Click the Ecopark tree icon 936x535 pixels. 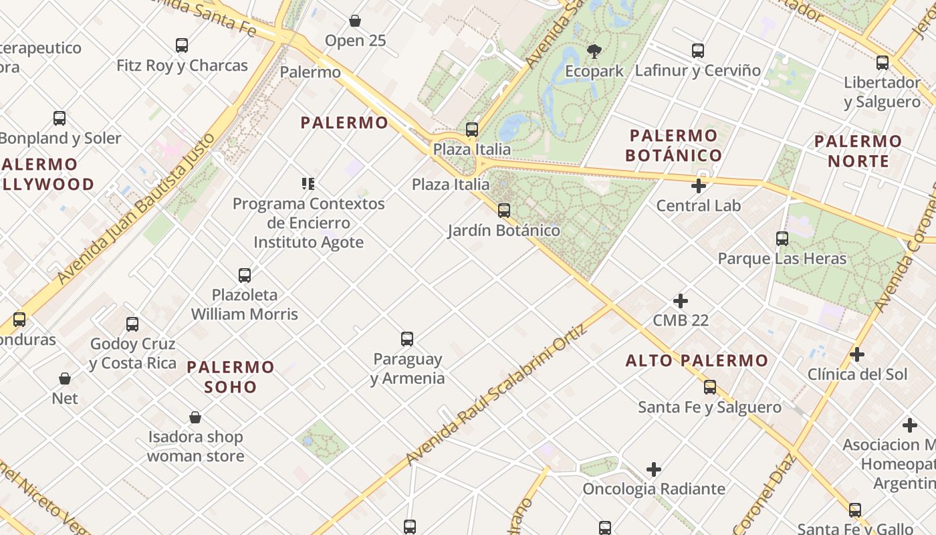tap(593, 51)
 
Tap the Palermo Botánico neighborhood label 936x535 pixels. tap(673, 146)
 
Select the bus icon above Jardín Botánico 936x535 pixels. tap(504, 211)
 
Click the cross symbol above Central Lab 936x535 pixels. tap(699, 186)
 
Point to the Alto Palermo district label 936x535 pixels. tap(697, 361)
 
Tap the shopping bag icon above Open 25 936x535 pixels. tap(355, 21)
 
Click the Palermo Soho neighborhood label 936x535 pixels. tap(231, 377)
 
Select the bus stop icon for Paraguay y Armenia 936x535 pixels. tap(407, 339)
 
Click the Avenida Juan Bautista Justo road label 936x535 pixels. tap(137, 208)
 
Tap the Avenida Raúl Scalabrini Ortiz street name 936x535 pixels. tap(495, 395)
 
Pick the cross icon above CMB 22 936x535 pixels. tap(681, 301)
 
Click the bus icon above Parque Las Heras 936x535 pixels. tap(782, 239)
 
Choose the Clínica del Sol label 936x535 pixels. tap(858, 374)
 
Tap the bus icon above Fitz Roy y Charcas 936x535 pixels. tap(182, 45)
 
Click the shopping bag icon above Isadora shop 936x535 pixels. tap(195, 418)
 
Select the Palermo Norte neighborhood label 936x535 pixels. tap(858, 151)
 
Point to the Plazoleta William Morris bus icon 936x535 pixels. tap(245, 275)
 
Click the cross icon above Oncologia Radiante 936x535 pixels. tap(654, 469)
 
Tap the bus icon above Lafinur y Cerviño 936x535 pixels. tap(698, 51)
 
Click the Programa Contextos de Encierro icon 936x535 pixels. tap(308, 183)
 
